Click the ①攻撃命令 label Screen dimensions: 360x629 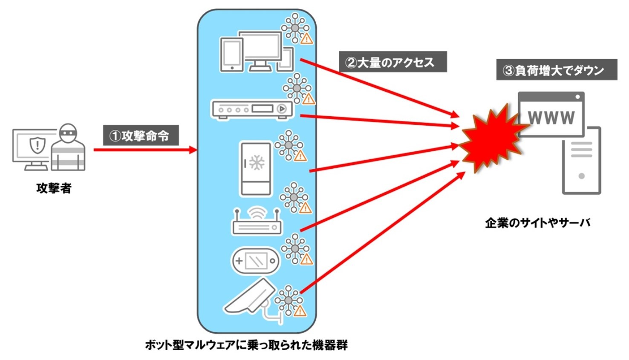pyautogui.click(x=140, y=135)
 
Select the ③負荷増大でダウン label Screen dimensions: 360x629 pyautogui.click(x=556, y=70)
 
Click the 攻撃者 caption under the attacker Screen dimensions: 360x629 pyautogui.click(x=54, y=188)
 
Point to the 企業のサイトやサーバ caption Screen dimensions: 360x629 pyautogui.click(x=537, y=222)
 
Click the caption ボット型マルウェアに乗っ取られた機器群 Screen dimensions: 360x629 pyautogui.click(x=246, y=345)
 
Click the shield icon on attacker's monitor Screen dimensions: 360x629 pyautogui.click(x=37, y=144)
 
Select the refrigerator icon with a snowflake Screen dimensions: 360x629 pyautogui.click(x=256, y=169)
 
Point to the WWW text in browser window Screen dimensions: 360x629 pyautogui.click(x=551, y=117)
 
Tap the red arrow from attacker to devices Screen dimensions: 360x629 pyautogui.click(x=145, y=150)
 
